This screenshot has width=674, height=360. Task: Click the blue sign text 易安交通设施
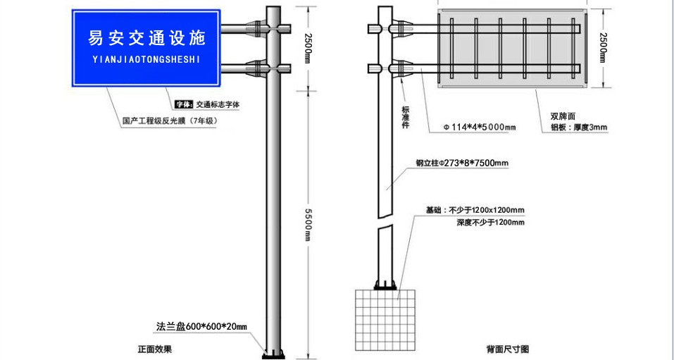(146, 38)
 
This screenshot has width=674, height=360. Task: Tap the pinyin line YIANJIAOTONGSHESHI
(146, 60)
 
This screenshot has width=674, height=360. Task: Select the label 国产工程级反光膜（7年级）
(170, 121)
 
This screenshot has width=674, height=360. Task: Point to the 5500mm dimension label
(308, 225)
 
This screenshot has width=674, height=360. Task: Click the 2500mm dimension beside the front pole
(308, 48)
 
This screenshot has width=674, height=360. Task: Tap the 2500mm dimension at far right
(603, 48)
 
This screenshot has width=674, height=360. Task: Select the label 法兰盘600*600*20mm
(201, 326)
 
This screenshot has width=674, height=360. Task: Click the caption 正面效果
(155, 349)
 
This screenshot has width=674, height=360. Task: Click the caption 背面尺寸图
(508, 349)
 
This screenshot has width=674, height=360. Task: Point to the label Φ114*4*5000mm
(480, 128)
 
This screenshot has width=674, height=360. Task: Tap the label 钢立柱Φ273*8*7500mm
(462, 163)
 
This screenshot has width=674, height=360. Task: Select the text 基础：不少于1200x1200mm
(475, 211)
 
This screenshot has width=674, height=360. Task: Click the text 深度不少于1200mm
(490, 223)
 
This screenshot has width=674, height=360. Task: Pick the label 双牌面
(563, 116)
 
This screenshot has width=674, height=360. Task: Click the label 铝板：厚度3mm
(579, 128)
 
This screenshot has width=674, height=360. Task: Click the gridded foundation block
(385, 320)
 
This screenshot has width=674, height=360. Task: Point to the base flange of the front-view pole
(273, 355)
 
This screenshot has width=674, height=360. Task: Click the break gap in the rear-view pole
(385, 221)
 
